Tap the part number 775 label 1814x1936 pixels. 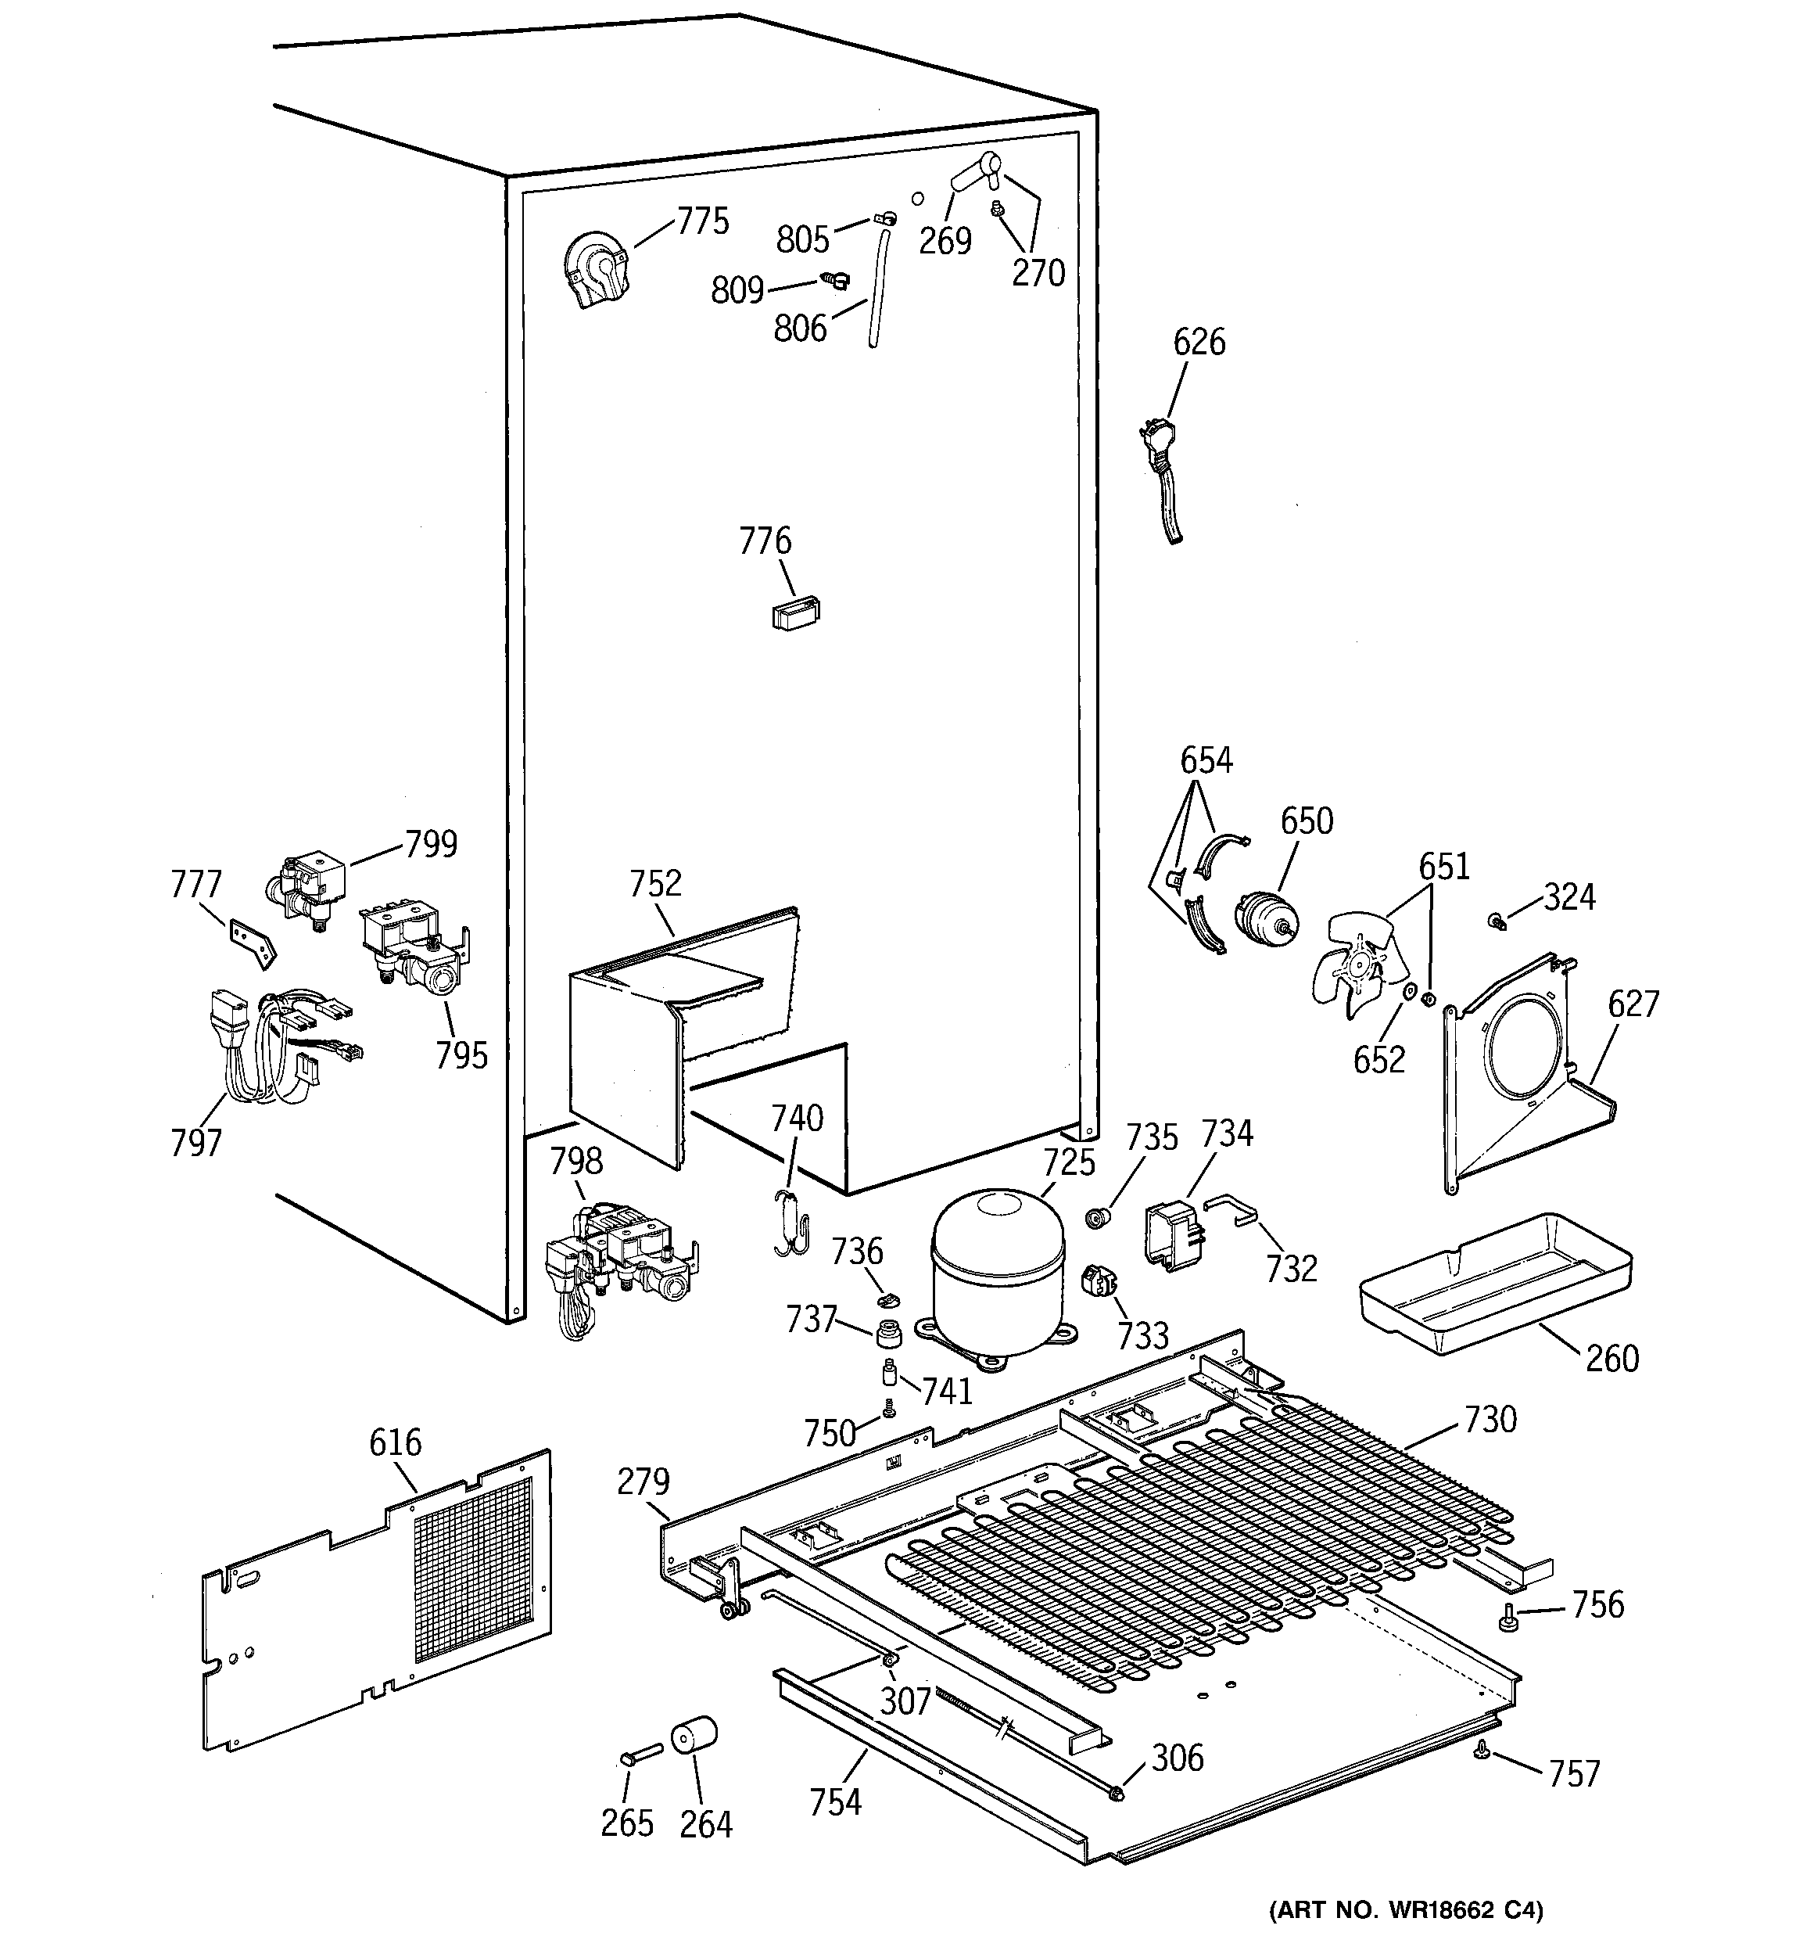click(702, 222)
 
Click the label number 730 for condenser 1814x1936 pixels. click(1490, 1420)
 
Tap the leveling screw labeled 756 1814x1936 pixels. click(1507, 1618)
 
